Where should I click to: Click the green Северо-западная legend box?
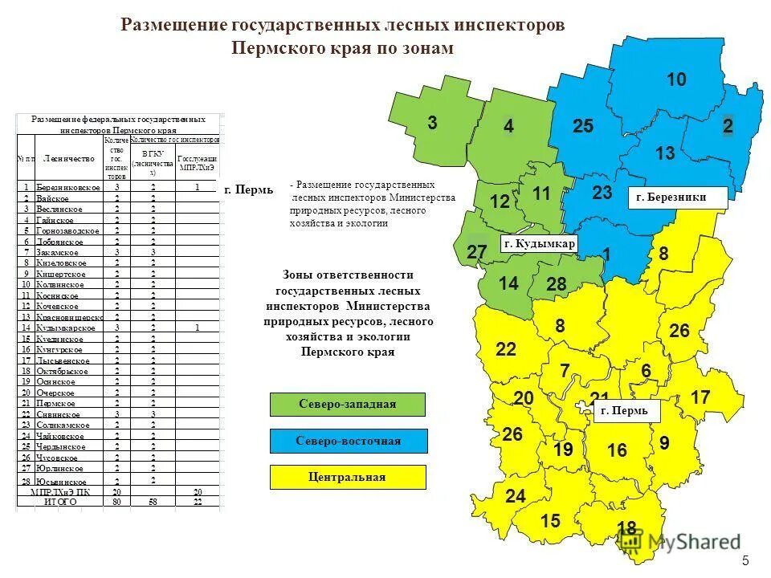348,404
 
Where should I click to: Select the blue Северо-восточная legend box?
348,441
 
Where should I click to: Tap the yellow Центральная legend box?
348,477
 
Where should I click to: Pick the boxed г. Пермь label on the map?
627,411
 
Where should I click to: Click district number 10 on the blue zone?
676,79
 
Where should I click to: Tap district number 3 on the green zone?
432,123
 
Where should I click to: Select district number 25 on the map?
583,126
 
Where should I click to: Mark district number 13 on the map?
665,153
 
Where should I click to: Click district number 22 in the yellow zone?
506,349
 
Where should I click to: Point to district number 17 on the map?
700,397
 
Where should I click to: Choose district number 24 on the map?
515,497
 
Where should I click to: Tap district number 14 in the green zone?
508,283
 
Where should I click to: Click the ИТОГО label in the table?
61,502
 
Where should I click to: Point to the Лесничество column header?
64,158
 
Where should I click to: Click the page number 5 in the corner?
745,560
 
